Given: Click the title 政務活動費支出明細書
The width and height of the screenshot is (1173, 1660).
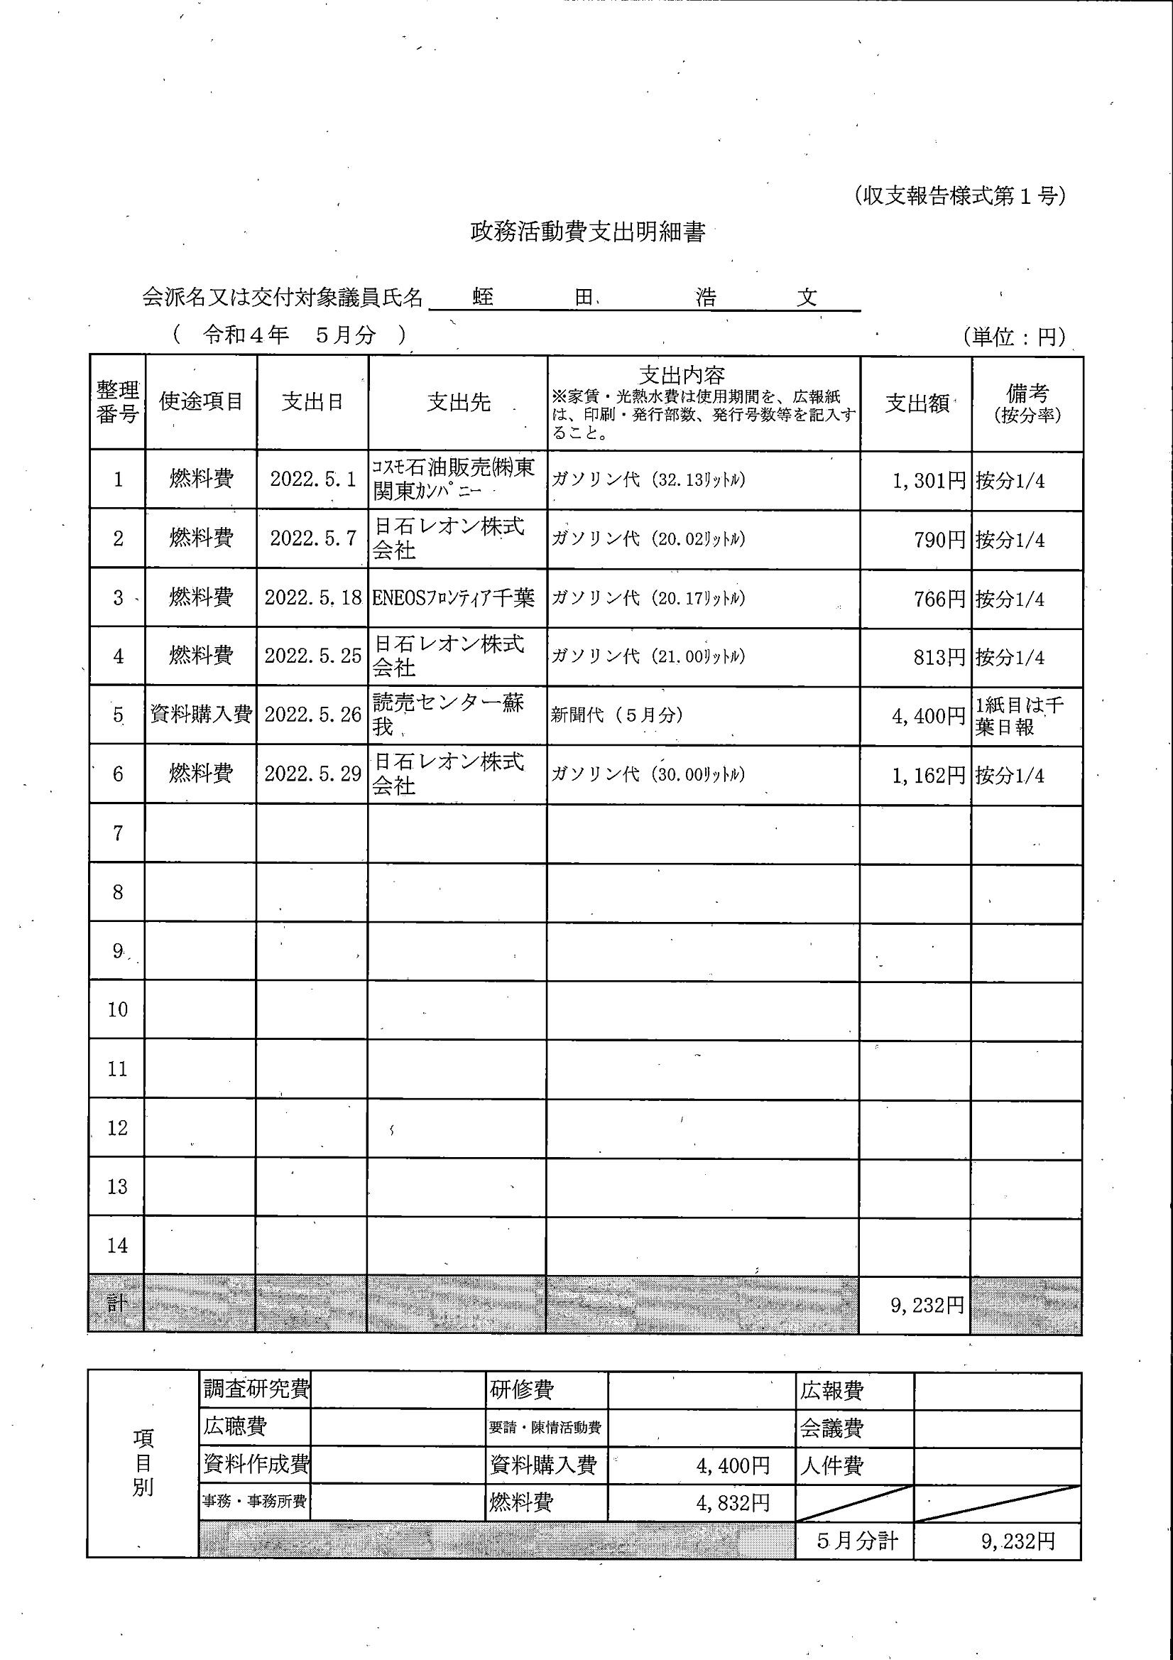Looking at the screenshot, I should point(587,232).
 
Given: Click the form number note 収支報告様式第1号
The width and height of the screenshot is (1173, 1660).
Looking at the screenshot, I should point(959,196).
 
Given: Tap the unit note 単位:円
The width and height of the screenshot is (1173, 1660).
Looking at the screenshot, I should point(1014,336).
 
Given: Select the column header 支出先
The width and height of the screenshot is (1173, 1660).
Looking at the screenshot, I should point(458,402).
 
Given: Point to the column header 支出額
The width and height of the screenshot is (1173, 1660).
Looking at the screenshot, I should point(917,403).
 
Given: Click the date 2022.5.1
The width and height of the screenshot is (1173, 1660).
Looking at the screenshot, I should point(313,479).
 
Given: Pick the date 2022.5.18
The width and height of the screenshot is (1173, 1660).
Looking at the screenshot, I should point(313,598).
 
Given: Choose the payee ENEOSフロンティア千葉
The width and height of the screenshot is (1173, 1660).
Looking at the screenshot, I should point(453,598).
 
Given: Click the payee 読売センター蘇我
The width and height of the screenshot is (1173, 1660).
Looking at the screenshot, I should point(448,715).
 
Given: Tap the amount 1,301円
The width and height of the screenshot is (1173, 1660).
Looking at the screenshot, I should point(929,481).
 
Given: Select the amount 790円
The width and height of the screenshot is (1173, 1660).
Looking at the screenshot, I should point(939,540).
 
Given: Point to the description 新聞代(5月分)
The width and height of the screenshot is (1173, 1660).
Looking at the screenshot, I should point(616,715).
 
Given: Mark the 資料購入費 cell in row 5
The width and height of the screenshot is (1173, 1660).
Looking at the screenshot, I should point(201,715).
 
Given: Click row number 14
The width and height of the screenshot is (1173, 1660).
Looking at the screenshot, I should point(117,1246).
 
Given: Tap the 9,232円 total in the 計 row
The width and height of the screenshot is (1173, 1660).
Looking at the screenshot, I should point(927,1305).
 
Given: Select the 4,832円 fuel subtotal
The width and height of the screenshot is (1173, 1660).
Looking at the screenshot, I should point(733,1503).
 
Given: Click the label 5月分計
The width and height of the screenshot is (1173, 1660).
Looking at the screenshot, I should point(856,1541).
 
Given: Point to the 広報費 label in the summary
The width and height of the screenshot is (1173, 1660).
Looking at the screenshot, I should point(831,1390).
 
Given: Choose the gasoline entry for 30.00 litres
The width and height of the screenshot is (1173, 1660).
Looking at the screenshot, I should point(648,774).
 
